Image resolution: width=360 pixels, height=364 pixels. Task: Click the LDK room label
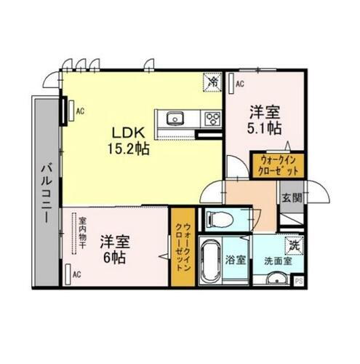pos(129,132)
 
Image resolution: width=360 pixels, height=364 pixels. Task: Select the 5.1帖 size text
pos(265,128)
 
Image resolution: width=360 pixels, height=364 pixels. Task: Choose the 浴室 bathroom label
pos(234,259)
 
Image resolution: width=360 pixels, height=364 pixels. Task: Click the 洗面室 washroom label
pos(277,259)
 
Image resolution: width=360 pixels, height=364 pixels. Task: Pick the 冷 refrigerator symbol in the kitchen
pos(213,83)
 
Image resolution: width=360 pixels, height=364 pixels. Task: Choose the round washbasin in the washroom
pos(276,281)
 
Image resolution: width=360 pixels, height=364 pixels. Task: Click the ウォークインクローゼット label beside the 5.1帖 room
pos(277,165)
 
